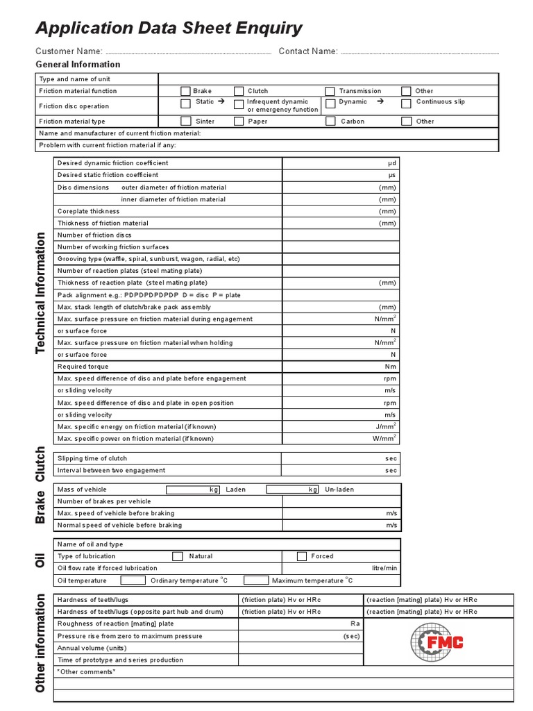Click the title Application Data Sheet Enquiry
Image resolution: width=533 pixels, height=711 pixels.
point(169,28)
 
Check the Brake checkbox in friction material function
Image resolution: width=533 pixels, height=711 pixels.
point(185,91)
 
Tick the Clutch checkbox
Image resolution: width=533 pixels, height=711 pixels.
point(239,91)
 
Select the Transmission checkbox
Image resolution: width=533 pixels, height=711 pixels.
point(330,91)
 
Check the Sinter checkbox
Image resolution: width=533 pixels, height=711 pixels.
point(185,122)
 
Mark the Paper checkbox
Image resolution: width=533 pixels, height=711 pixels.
point(239,122)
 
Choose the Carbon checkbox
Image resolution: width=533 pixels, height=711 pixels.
point(330,122)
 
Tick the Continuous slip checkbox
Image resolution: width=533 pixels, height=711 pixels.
point(406,103)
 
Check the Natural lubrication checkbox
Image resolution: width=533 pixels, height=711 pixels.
point(177,556)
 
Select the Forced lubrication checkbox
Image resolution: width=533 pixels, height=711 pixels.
point(302,556)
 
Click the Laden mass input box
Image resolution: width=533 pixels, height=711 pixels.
point(194,490)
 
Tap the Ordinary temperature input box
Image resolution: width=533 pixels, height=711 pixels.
point(133,580)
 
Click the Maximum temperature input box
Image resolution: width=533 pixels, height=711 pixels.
point(255,580)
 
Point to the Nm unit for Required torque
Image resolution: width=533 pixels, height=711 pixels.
point(391,367)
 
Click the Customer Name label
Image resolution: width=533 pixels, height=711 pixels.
point(69,51)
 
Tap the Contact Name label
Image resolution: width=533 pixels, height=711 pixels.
point(308,51)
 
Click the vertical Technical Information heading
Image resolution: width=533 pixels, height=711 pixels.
point(41,292)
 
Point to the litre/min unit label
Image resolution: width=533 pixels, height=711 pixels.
point(384,568)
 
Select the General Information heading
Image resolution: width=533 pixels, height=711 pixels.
point(78,65)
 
